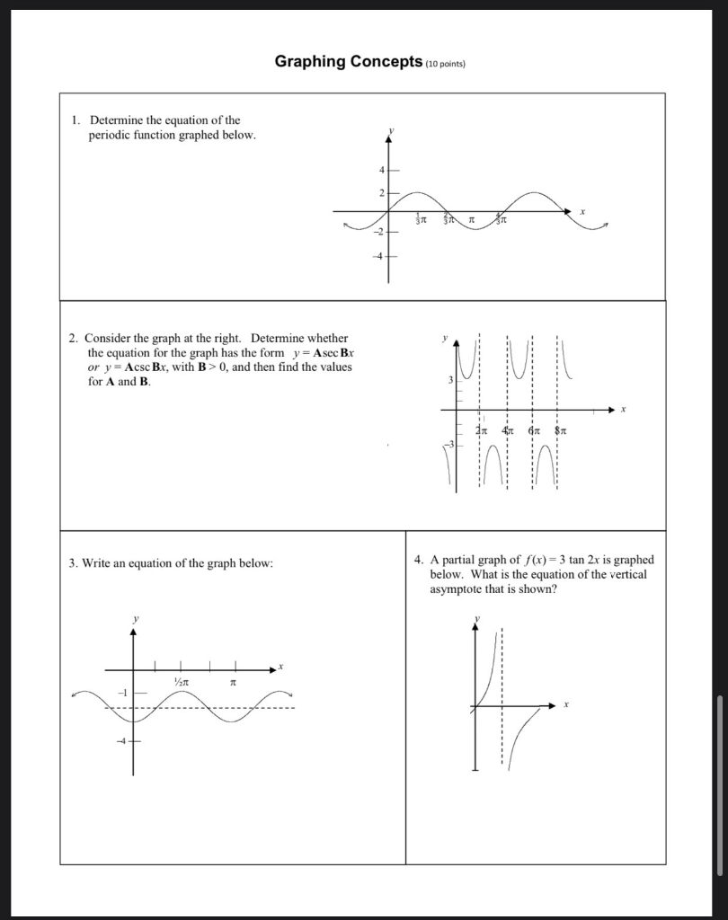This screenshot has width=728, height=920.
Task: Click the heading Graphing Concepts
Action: (348, 62)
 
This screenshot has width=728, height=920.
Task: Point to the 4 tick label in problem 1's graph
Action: (380, 170)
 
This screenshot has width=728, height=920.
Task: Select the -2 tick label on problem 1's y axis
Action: (378, 232)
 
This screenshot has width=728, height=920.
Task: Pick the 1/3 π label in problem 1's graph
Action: (420, 219)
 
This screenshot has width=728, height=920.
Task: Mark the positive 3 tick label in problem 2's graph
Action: (451, 382)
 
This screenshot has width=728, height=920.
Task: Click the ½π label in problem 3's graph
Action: (183, 684)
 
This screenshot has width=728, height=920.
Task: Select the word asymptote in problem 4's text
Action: (457, 588)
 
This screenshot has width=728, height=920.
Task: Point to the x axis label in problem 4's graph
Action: (566, 705)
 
